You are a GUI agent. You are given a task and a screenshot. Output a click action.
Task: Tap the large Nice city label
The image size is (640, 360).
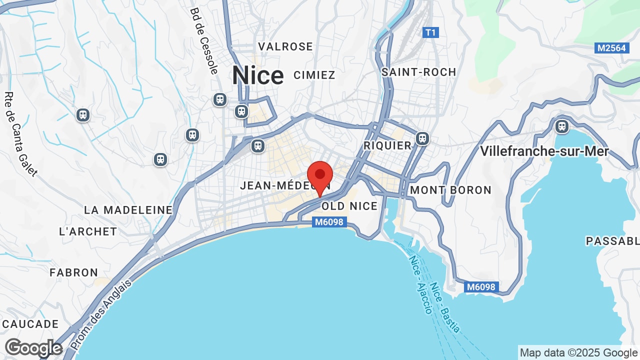pos(257,75)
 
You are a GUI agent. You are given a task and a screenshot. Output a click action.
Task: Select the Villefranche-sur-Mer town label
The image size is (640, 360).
pos(544,151)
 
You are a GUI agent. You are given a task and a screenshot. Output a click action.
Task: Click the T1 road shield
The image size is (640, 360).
pos(430,32)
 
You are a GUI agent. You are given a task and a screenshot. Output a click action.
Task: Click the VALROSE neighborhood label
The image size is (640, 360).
pos(285,46)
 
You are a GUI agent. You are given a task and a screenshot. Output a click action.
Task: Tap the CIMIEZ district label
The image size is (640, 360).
pos(314,75)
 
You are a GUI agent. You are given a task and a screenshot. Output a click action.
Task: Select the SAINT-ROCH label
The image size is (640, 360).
pos(419,72)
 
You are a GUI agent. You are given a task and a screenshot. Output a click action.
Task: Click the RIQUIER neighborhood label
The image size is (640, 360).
pos(387,145)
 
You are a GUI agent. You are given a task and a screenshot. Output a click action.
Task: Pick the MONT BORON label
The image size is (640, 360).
pos(451,190)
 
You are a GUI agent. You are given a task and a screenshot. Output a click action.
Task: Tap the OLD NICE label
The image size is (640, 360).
pos(349,206)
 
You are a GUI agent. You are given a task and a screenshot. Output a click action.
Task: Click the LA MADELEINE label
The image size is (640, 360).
pos(128,210)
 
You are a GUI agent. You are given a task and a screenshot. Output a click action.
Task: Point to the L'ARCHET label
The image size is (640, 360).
pos(88,231)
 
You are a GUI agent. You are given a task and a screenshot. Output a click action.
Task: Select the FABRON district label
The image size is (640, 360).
pos(74,272)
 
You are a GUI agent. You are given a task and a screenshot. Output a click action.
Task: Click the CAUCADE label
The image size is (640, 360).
pos(30,324)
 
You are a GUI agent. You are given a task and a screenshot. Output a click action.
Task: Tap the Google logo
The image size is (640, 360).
pos(33,348)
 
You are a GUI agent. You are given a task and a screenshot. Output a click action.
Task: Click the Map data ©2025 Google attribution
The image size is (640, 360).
pos(578,352)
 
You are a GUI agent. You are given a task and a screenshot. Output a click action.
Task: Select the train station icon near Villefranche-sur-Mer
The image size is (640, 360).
pos(562,126)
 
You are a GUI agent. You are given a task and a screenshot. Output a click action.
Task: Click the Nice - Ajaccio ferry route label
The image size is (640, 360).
pos(420,285)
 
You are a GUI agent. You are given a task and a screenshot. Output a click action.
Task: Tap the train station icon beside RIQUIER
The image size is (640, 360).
pos(423,137)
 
